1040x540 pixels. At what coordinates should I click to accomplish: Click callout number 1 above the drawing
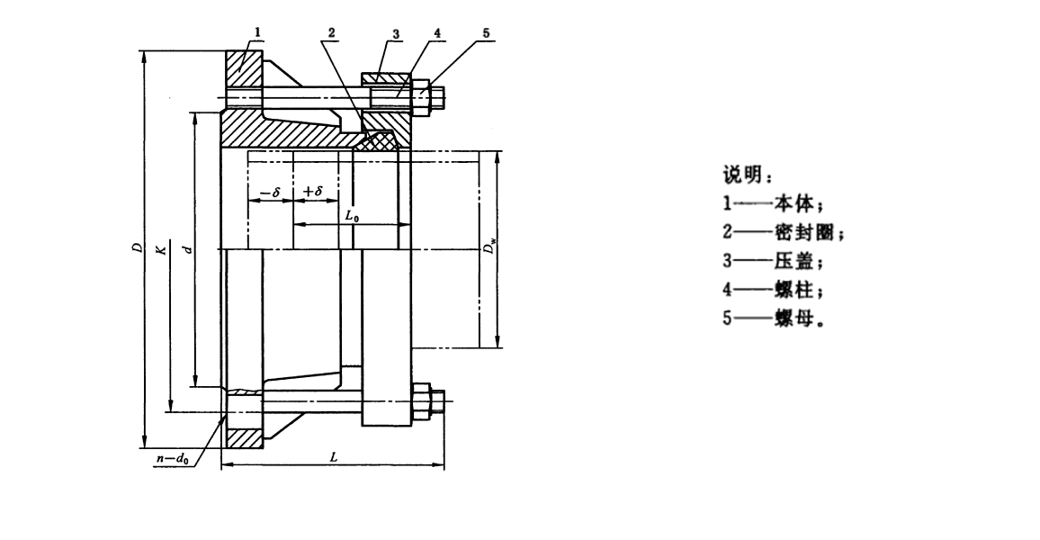[x=257, y=32]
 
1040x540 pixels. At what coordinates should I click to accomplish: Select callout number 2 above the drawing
[x=332, y=32]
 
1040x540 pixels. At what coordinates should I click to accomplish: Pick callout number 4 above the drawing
[x=435, y=32]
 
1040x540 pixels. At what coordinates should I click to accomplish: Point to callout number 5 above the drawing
[x=486, y=32]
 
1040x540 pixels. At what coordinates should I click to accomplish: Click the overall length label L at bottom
[x=333, y=457]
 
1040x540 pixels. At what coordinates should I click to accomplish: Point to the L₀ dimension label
[x=354, y=216]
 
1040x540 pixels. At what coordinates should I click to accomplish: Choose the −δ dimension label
[x=269, y=192]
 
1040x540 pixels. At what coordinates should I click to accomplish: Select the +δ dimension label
[x=313, y=192]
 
